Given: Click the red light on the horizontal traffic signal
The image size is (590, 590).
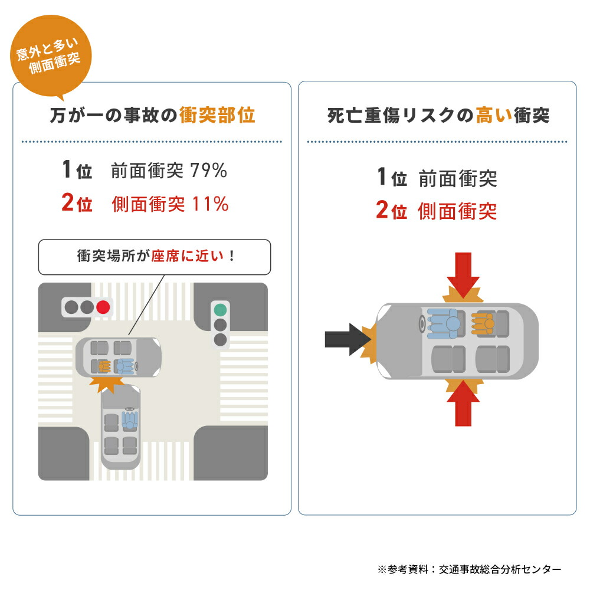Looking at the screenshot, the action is pos(103,307).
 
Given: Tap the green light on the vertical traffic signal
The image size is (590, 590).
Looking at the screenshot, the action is pos(220,310).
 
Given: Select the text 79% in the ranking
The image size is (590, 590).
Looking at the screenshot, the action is pos(208,171).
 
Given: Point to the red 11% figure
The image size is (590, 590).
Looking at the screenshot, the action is pos(210,204).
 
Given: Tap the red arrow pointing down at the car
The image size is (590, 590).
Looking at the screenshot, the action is pos(463,276).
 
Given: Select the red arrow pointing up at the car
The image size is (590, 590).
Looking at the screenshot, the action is pos(463,403).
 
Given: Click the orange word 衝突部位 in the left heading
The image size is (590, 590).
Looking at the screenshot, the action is pos(217,115).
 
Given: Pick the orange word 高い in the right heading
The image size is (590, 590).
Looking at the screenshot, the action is pos(494,115).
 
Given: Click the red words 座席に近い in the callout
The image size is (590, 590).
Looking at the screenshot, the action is pos(188,256).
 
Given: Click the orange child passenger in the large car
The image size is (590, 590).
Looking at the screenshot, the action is pos(483,323).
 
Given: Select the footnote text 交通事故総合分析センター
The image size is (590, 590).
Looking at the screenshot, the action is pos(500,569).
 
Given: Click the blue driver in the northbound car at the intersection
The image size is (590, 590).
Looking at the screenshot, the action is pos(130,420).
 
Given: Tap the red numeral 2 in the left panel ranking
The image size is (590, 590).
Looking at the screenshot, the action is pos(67,202).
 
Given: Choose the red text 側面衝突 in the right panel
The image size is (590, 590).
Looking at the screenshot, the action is pos(457,211).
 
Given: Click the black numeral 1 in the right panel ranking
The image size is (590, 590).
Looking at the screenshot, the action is pos(382,177).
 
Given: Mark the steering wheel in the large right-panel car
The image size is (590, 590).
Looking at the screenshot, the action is pos(422,323).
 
